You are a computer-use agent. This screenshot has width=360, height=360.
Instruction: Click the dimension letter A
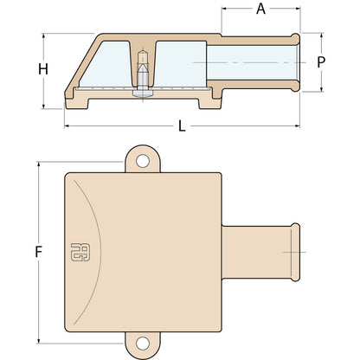(260, 9)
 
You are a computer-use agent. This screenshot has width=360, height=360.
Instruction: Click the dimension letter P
(321, 62)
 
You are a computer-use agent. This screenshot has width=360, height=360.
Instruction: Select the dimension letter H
(43, 69)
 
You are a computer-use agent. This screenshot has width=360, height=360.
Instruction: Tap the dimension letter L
(182, 126)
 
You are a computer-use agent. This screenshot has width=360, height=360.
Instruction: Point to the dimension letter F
(39, 252)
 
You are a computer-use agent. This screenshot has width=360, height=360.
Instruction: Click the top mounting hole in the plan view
(143, 161)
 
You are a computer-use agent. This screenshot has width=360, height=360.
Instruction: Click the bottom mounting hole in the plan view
(143, 343)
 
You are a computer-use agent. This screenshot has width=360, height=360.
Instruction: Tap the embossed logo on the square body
(80, 252)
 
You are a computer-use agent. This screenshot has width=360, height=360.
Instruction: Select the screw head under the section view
(143, 93)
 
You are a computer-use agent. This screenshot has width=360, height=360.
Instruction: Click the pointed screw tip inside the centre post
(143, 68)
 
